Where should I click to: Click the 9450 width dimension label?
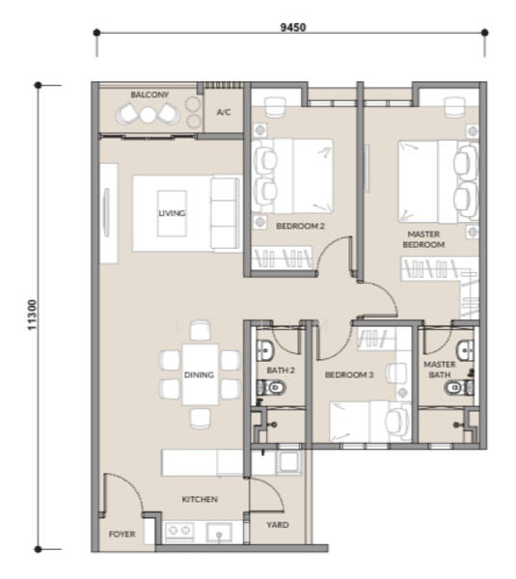(293, 27)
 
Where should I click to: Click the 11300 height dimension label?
(32, 315)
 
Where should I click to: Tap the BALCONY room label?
(149, 95)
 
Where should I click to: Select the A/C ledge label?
(224, 112)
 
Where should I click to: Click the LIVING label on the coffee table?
(172, 213)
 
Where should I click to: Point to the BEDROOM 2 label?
(300, 226)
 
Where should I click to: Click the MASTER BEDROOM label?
(423, 239)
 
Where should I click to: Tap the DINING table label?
(199, 375)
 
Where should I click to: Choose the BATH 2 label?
(281, 370)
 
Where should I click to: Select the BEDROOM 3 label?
(349, 375)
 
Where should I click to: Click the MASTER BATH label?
(439, 370)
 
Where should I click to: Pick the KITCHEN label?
(200, 499)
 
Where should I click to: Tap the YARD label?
(278, 525)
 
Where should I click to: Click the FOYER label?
(122, 534)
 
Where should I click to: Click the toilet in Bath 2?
(271, 387)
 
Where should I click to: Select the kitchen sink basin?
(219, 533)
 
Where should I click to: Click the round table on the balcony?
(148, 115)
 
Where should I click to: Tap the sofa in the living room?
(224, 214)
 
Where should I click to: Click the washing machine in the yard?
(289, 462)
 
